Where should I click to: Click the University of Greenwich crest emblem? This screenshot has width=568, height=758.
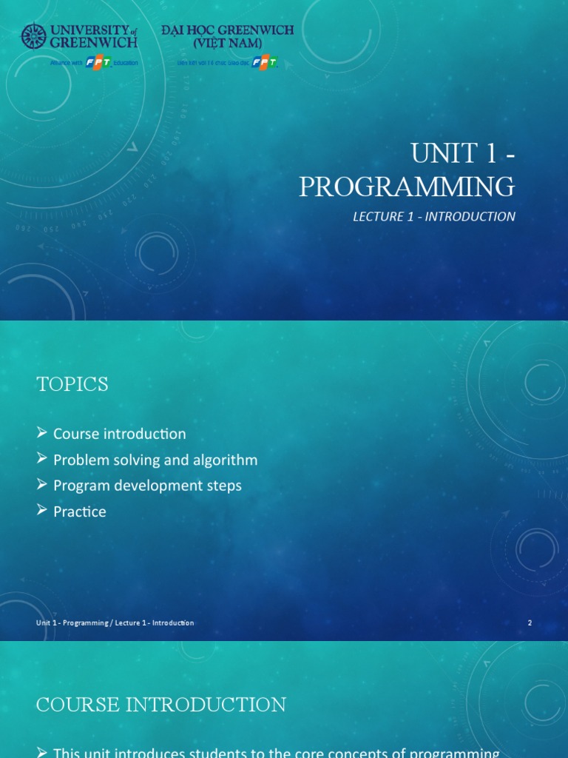click(33, 36)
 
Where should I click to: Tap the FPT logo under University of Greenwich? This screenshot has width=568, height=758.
click(98, 63)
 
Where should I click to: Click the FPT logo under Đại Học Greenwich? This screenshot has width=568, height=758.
click(264, 63)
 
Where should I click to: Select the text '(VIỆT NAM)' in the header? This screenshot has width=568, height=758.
click(227, 43)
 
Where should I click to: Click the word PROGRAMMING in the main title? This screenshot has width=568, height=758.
click(407, 187)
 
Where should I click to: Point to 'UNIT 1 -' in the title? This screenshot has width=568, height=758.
click(463, 153)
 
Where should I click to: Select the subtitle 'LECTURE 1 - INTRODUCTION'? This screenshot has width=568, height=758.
click(433, 217)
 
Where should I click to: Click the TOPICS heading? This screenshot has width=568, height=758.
click(72, 384)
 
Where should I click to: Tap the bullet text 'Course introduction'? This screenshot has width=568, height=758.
click(119, 434)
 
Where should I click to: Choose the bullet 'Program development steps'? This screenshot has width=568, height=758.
click(147, 486)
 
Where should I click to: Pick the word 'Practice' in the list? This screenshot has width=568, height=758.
click(79, 512)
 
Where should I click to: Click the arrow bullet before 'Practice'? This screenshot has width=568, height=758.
click(42, 511)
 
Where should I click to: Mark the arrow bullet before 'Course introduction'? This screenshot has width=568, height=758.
click(42, 433)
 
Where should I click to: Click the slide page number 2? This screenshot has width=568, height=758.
click(530, 623)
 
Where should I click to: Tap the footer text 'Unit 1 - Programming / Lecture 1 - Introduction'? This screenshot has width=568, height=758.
click(115, 623)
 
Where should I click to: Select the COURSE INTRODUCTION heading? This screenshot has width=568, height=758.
click(160, 705)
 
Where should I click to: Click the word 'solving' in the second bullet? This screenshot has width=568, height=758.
click(135, 460)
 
